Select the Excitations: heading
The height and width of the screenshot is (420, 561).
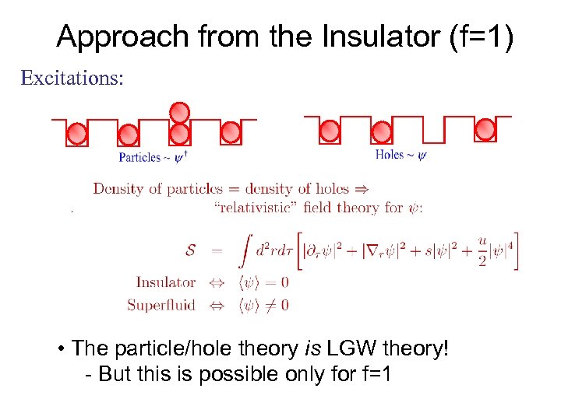72,79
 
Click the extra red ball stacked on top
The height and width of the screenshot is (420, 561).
180,113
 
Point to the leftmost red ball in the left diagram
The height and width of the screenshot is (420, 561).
77,135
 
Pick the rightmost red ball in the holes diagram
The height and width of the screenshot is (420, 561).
485,129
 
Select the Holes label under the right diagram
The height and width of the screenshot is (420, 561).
390,155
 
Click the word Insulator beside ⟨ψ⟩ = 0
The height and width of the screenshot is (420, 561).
165,282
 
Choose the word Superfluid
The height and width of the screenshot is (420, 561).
161,305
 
